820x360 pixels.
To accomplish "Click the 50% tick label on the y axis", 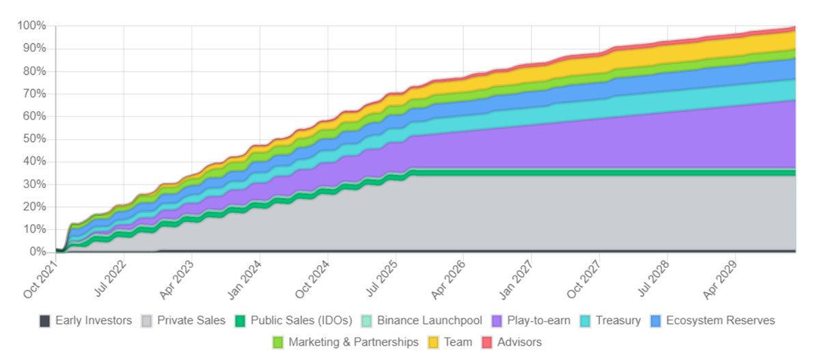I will (x=33, y=139).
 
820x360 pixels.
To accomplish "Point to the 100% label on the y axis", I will (x=31, y=26).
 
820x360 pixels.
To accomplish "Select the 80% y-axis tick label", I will (x=33, y=71).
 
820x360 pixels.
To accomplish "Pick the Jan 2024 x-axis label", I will (x=245, y=281).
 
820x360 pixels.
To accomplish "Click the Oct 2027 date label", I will (x=584, y=281).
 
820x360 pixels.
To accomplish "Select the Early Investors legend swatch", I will (x=45, y=321).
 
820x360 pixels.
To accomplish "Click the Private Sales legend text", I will (x=191, y=320).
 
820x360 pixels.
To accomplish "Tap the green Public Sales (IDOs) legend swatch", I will (x=241, y=321).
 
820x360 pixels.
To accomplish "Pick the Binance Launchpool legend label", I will (x=429, y=320).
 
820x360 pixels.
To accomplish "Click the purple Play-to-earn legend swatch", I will (x=497, y=321).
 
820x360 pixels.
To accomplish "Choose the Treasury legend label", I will (x=618, y=320).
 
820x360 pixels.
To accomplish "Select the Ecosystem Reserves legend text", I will (x=720, y=320).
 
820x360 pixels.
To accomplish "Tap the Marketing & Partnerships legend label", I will (x=353, y=342).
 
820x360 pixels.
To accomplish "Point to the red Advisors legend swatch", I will (x=487, y=343).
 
